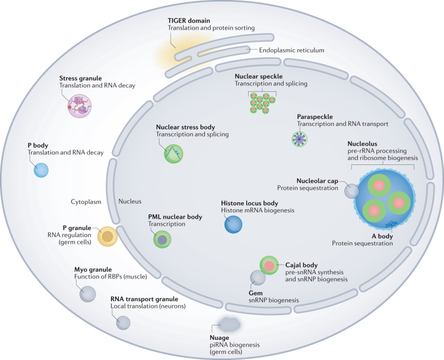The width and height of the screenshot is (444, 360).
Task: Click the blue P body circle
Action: point(41,170)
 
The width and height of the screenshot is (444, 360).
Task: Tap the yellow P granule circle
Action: point(107,236)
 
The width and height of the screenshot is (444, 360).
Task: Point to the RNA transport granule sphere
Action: point(123,323)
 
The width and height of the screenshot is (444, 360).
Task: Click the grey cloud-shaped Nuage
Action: point(228,324)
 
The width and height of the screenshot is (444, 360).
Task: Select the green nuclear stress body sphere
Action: point(174,153)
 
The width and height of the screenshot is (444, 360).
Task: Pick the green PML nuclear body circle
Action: point(162,240)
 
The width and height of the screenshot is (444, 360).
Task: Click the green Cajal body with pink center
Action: point(269,266)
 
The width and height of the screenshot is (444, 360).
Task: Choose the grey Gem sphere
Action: point(258,278)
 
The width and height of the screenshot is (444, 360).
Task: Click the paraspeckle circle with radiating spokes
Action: point(299,139)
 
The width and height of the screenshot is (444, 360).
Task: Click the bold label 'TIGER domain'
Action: point(188,20)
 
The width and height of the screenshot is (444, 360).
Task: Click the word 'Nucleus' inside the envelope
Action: point(130,201)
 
